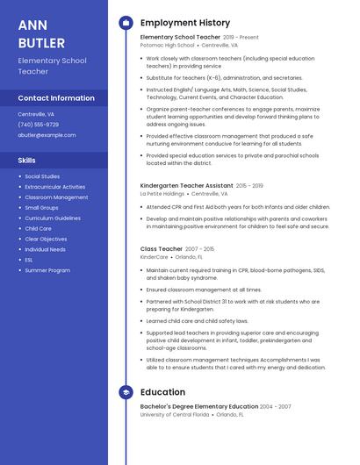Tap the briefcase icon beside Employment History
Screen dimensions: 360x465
[125, 23]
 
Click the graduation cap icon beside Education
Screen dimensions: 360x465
[125, 391]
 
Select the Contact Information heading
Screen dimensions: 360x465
[56, 98]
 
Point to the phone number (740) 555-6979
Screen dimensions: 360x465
[39, 125]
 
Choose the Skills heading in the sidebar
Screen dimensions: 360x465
[27, 161]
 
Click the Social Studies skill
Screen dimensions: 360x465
[42, 176]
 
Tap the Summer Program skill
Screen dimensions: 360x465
[47, 270]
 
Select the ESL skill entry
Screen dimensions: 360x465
[29, 260]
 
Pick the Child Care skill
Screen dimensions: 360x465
[38, 228]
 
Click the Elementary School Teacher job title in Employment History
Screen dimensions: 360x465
[180, 38]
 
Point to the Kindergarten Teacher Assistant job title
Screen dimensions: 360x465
[187, 186]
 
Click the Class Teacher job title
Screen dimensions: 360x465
[162, 249]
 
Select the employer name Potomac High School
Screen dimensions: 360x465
[167, 46]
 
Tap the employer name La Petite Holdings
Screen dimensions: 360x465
[162, 194]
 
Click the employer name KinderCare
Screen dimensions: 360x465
[154, 257]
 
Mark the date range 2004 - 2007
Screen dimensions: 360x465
[275, 406]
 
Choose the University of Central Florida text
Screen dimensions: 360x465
[175, 414]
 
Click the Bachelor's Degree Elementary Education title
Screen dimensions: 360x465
[198, 406]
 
